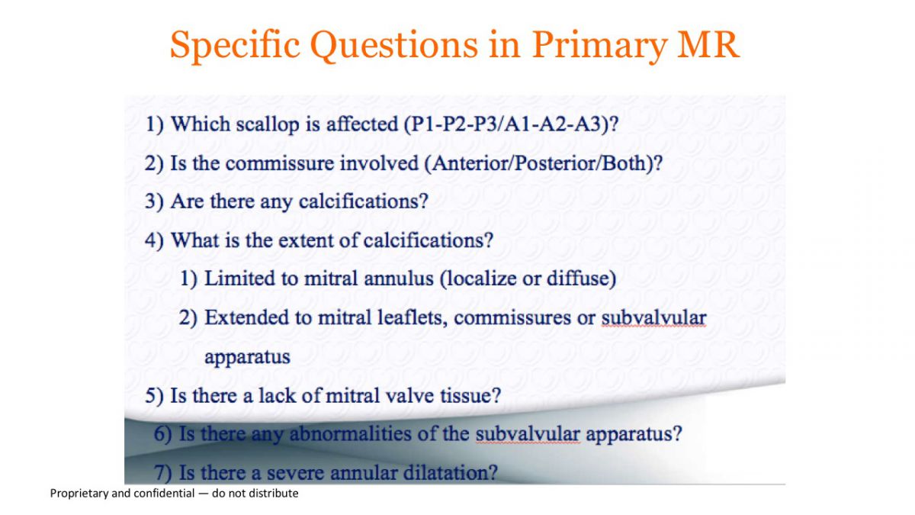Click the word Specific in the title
click(x=236, y=45)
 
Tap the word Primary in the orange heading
click(x=599, y=45)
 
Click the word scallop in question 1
click(x=268, y=124)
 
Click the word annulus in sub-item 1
click(x=398, y=278)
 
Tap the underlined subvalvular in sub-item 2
click(x=653, y=317)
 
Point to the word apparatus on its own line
click(x=247, y=357)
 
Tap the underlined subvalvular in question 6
click(x=528, y=433)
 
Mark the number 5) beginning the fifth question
click(x=154, y=396)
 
